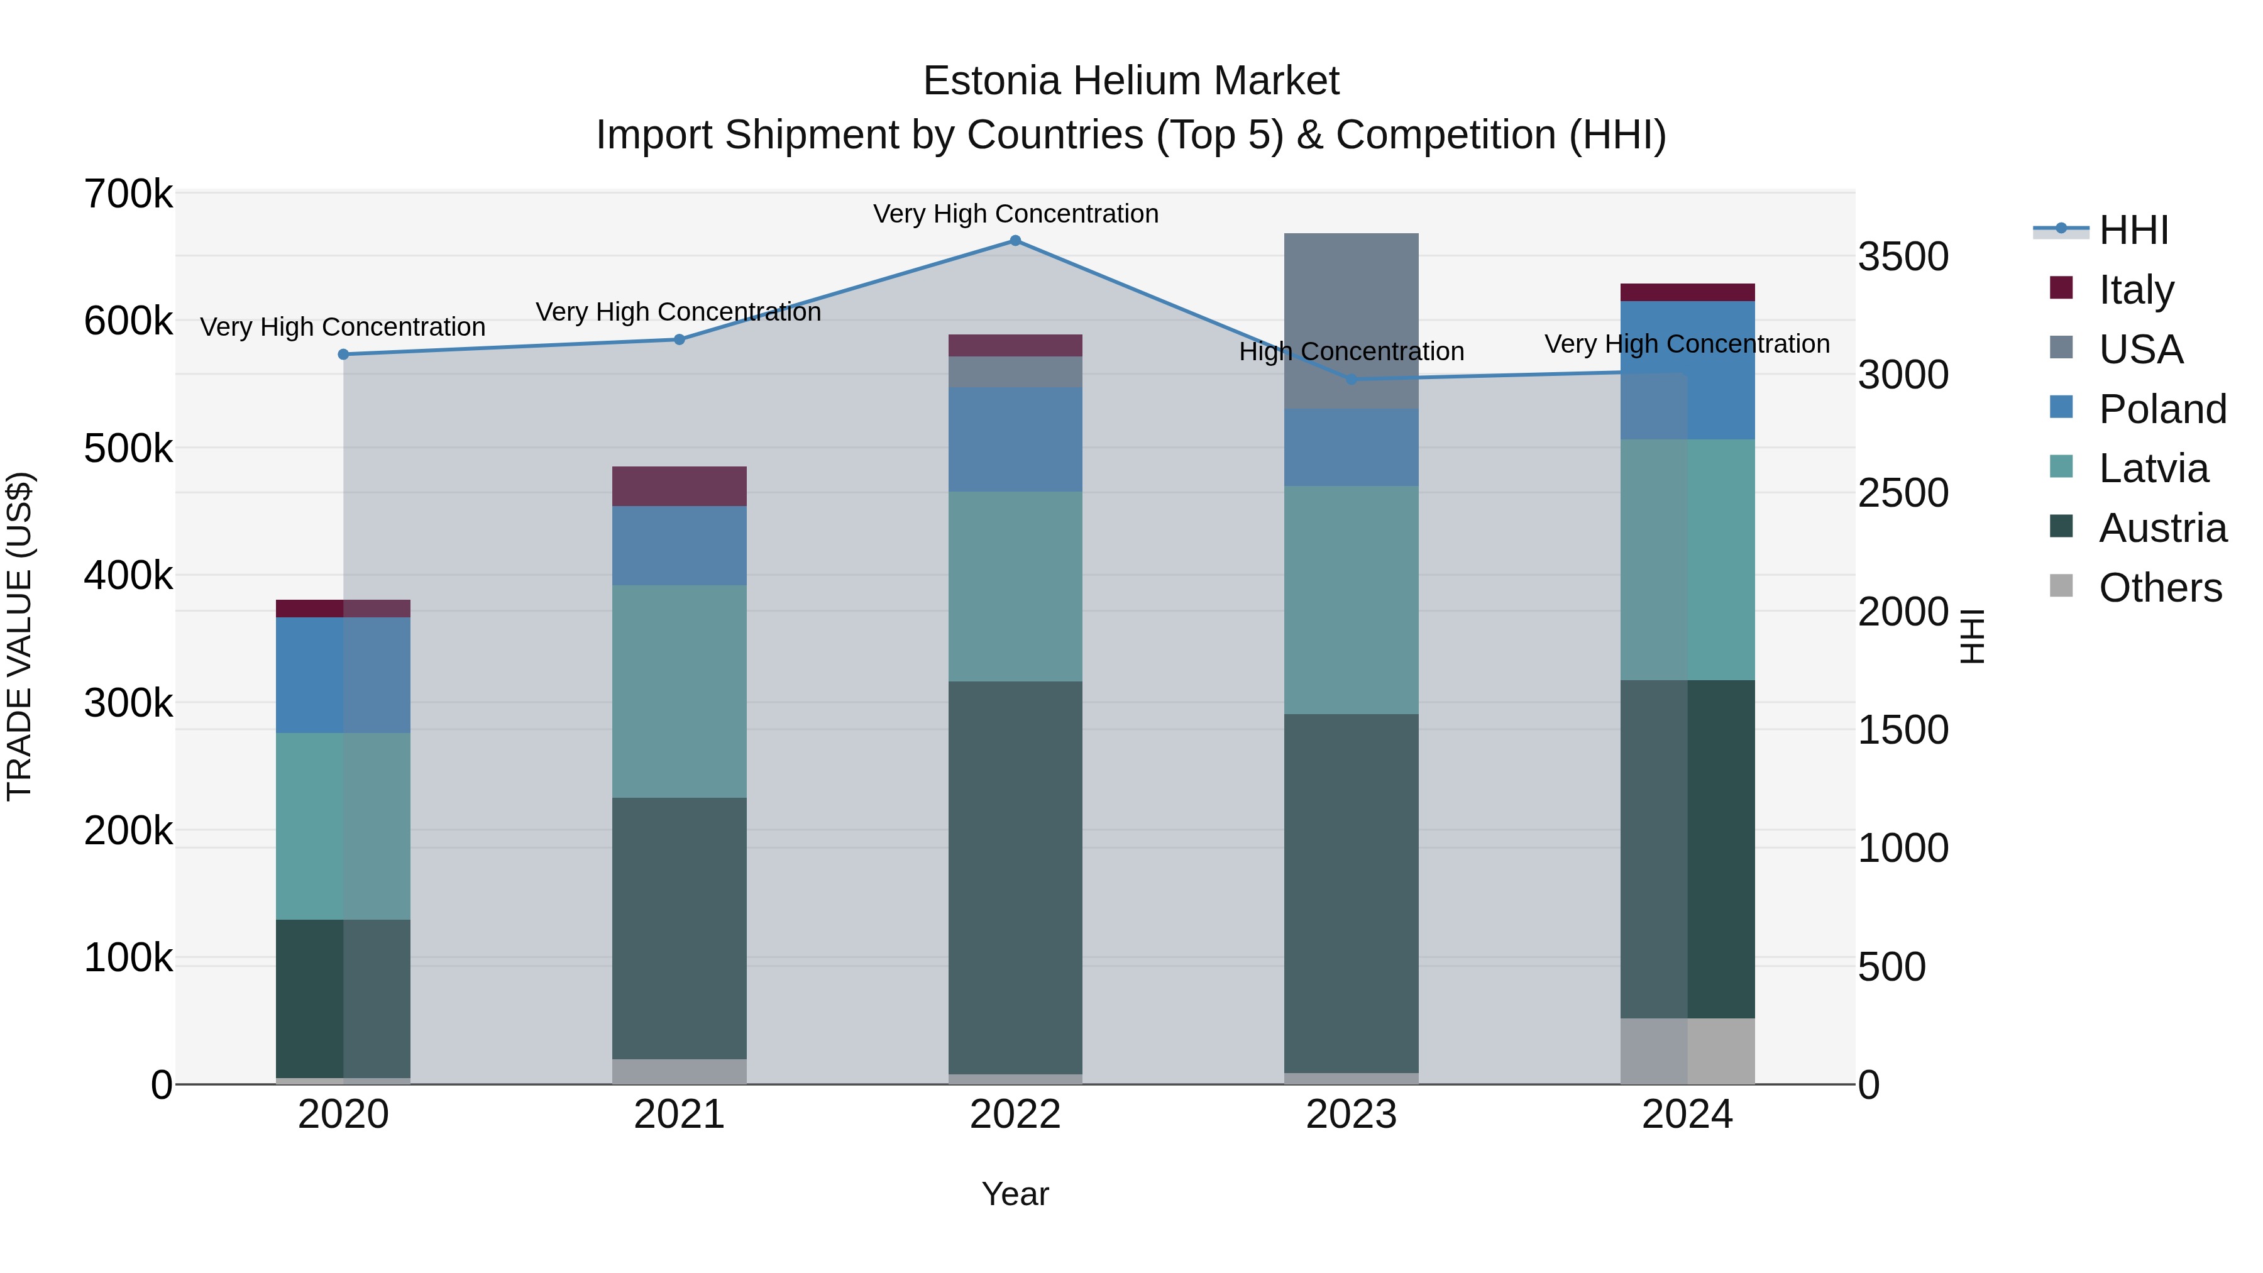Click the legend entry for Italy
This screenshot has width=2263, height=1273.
click(x=2135, y=289)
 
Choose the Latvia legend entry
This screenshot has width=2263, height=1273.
click(x=2152, y=468)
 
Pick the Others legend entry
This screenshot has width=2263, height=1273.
click(x=2159, y=588)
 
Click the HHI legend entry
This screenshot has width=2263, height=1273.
click(x=2133, y=230)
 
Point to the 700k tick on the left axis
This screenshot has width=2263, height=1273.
click(x=128, y=194)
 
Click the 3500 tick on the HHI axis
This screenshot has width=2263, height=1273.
click(x=1903, y=257)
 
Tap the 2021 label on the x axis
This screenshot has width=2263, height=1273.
click(x=679, y=1115)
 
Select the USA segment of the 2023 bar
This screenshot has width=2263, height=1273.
click(x=1351, y=321)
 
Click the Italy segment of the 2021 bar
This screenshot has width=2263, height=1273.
click(x=679, y=486)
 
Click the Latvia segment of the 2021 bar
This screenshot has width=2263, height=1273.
click(x=679, y=692)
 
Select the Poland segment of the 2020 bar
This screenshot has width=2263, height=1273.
click(x=343, y=675)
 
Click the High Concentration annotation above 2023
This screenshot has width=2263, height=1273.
click(x=1351, y=351)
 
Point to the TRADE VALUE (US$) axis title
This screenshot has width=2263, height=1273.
click(x=19, y=636)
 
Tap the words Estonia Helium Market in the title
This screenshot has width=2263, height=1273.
click(x=1131, y=81)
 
